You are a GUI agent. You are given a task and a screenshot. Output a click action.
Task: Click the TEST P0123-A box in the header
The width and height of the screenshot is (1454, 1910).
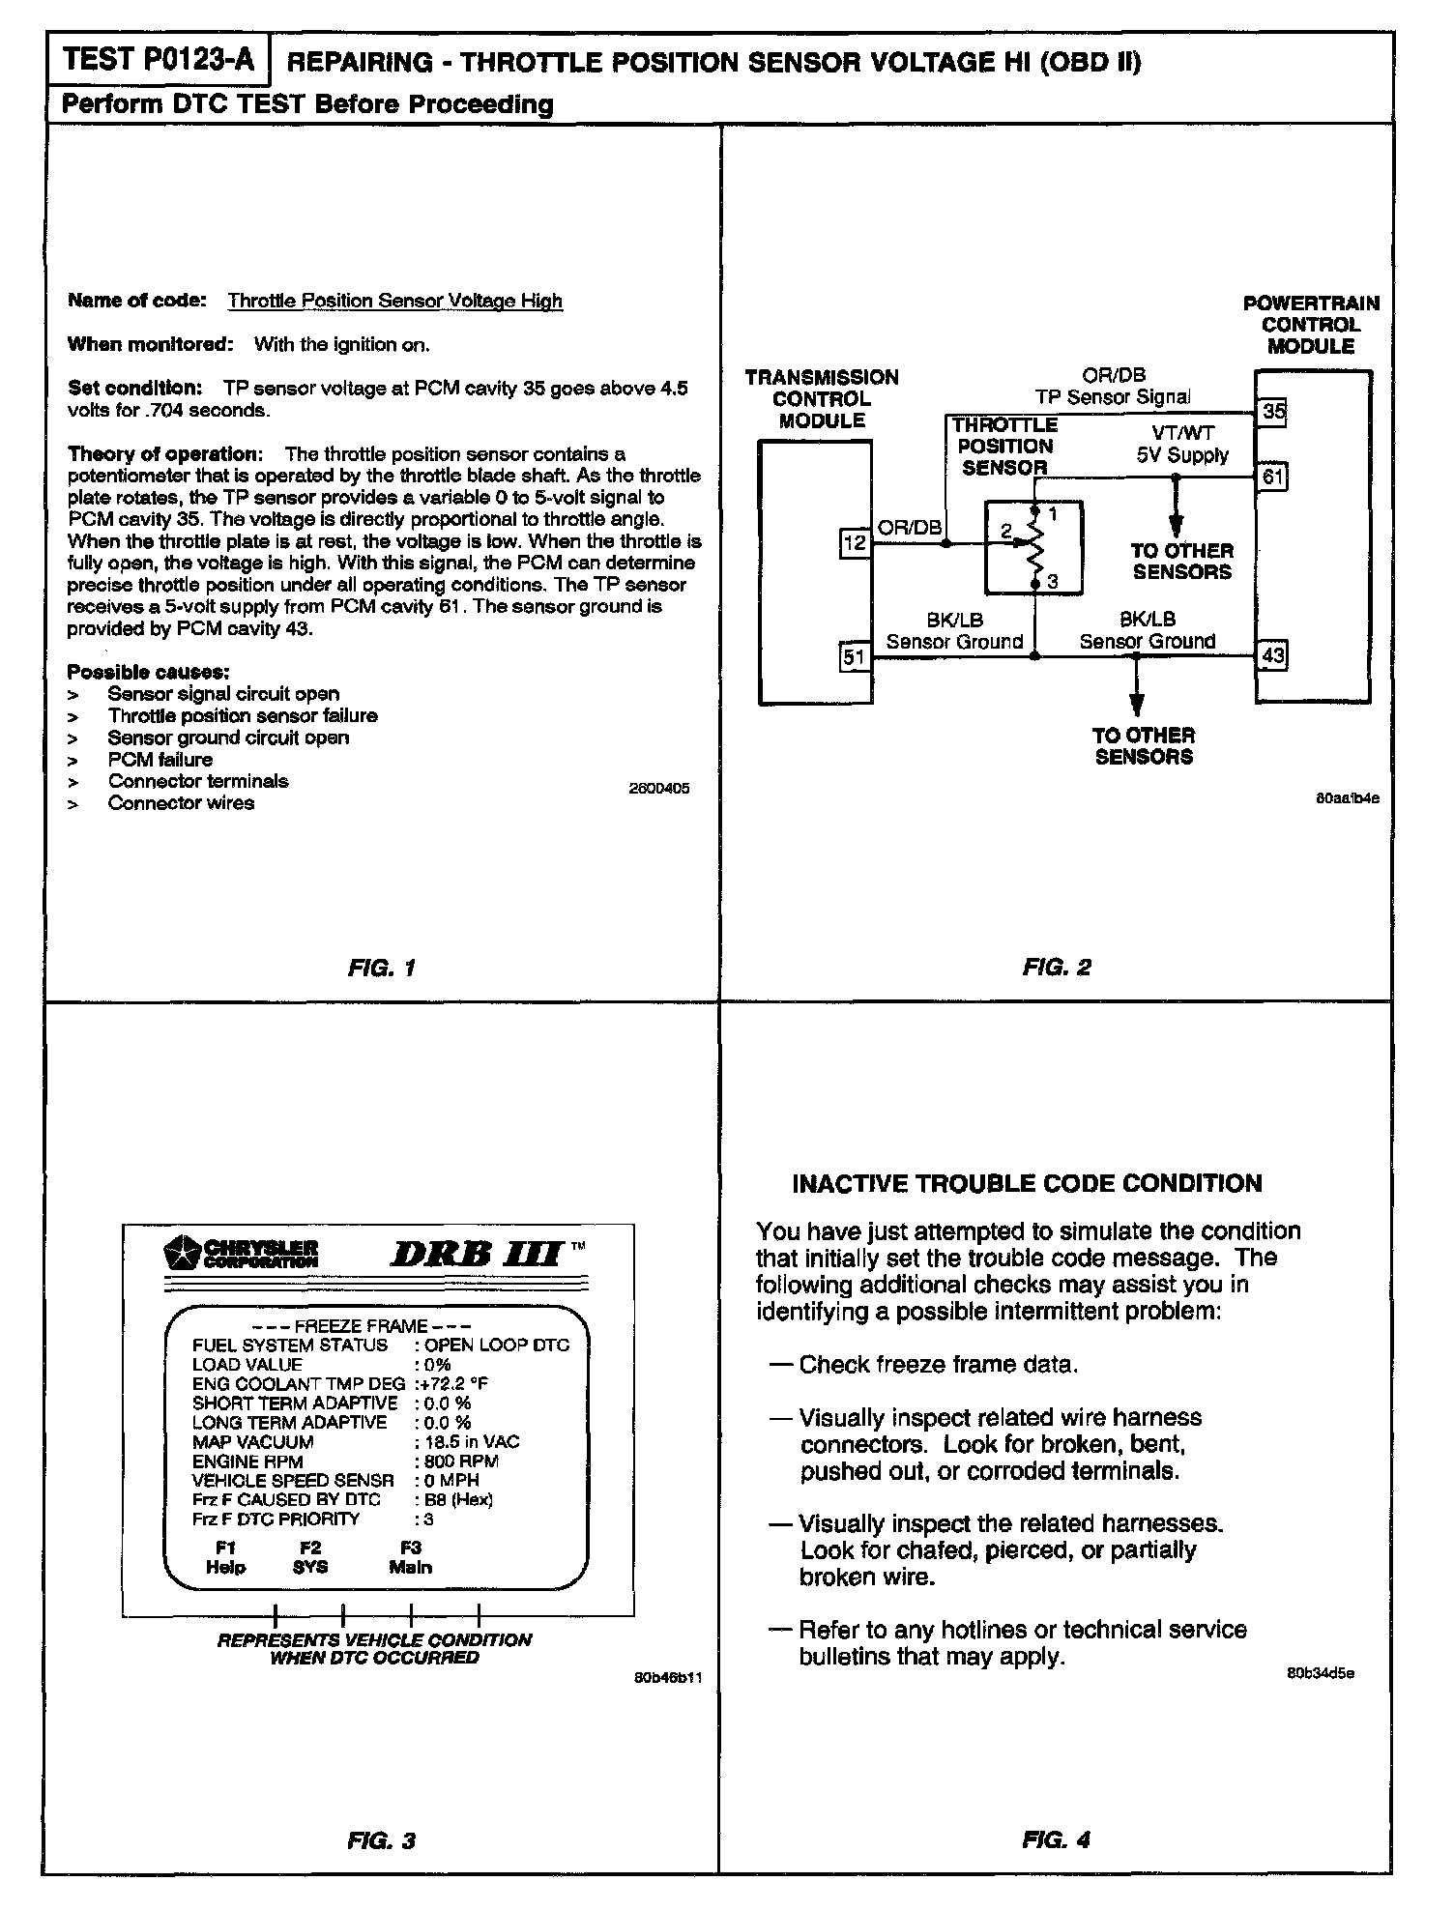pos(159,61)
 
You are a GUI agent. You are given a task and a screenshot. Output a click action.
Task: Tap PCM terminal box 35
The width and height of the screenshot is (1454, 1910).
pos(1273,412)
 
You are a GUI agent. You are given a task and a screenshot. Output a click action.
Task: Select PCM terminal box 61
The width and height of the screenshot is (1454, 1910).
pos(1273,477)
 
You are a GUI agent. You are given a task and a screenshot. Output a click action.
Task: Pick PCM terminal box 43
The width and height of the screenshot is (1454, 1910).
pos(1273,656)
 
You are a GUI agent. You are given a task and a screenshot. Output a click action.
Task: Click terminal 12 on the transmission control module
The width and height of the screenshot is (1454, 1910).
pos(855,543)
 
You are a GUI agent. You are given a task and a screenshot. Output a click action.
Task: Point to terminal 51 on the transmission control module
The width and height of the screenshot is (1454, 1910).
pos(855,658)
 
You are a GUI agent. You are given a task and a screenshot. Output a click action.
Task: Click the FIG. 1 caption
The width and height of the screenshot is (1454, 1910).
pos(382,968)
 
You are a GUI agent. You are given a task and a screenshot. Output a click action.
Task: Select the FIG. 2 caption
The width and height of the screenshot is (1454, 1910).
pos(1057,968)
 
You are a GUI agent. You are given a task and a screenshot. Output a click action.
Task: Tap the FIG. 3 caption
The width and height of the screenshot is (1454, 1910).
pos(382,1841)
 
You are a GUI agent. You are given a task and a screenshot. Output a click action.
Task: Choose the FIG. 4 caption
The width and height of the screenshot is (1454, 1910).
pos(1057,1841)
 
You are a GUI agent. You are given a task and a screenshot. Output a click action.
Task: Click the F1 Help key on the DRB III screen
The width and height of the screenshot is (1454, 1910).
pos(225,1558)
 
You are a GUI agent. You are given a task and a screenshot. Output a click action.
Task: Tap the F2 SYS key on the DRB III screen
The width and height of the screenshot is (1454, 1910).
pos(310,1558)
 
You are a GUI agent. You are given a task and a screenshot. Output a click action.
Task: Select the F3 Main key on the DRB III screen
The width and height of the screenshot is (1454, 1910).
pos(411,1558)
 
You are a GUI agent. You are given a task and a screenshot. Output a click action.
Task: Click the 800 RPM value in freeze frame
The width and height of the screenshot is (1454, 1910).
pos(460,1461)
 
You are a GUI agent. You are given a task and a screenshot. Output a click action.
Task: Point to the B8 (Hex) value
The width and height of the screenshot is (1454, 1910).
pos(458,1500)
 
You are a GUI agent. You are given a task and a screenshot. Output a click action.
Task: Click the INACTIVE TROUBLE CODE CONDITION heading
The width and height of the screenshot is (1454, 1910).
pos(1027,1184)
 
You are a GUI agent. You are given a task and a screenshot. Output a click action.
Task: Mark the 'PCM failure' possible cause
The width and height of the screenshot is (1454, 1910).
pos(160,760)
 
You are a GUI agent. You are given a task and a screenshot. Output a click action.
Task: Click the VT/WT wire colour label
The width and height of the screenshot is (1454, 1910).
pos(1183,434)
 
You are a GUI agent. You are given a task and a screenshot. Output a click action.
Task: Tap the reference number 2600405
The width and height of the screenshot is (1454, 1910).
pos(659,789)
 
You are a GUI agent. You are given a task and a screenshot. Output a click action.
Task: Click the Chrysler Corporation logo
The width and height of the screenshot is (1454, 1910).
pos(242,1254)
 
